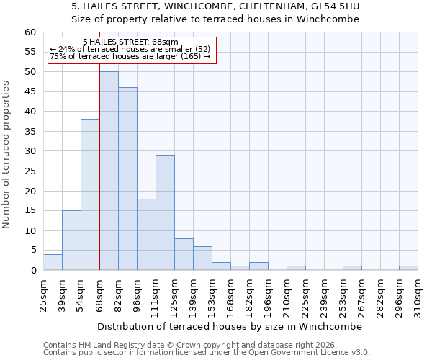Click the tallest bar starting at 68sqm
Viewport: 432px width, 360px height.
pos(109,171)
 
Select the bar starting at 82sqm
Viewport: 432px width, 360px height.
pos(127,179)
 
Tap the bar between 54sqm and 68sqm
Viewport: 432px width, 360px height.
pos(90,194)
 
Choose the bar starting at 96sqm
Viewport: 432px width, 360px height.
pos(146,234)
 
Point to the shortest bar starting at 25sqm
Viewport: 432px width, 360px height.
pos(53,262)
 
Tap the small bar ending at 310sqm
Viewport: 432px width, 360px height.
pos(408,268)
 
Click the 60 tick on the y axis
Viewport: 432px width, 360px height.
pos(30,32)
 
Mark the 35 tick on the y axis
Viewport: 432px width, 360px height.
pos(30,132)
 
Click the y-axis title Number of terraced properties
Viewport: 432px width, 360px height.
pos(7,154)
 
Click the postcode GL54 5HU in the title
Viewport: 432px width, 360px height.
pos(334,6)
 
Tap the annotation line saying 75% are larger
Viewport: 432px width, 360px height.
pos(130,56)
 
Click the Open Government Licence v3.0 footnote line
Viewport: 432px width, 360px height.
pos(206,353)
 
